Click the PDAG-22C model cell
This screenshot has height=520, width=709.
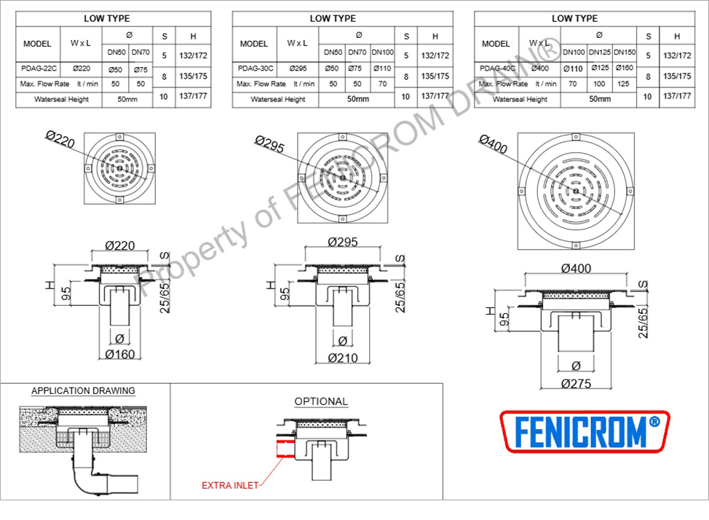click(39, 68)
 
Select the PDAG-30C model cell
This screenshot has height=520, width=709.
click(255, 68)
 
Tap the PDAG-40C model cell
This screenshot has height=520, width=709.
click(497, 68)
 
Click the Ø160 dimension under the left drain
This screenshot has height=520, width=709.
click(120, 355)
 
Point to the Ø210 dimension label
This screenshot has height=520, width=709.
click(343, 358)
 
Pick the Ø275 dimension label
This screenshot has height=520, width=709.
click(576, 384)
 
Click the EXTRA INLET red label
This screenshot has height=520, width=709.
click(230, 486)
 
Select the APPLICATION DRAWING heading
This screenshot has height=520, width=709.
click(83, 391)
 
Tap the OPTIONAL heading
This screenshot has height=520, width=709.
click(321, 401)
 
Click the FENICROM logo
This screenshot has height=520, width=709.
click(585, 432)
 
